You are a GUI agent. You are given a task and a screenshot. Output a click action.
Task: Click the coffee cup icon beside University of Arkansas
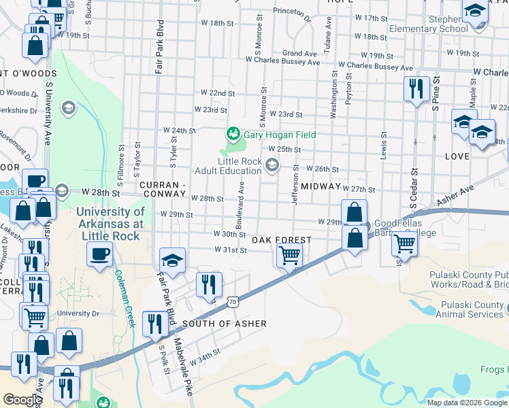coord(99,255)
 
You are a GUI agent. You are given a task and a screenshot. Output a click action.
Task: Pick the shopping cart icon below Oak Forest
coord(289,256)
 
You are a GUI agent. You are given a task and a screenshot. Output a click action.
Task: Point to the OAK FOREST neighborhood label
coord(282,240)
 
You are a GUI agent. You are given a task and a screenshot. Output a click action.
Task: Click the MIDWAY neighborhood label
coord(320,186)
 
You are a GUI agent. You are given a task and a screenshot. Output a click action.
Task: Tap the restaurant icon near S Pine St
coord(415,89)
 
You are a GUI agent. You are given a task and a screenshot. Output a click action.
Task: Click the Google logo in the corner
coord(22,400)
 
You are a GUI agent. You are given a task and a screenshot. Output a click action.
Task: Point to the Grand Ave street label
coord(300,53)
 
